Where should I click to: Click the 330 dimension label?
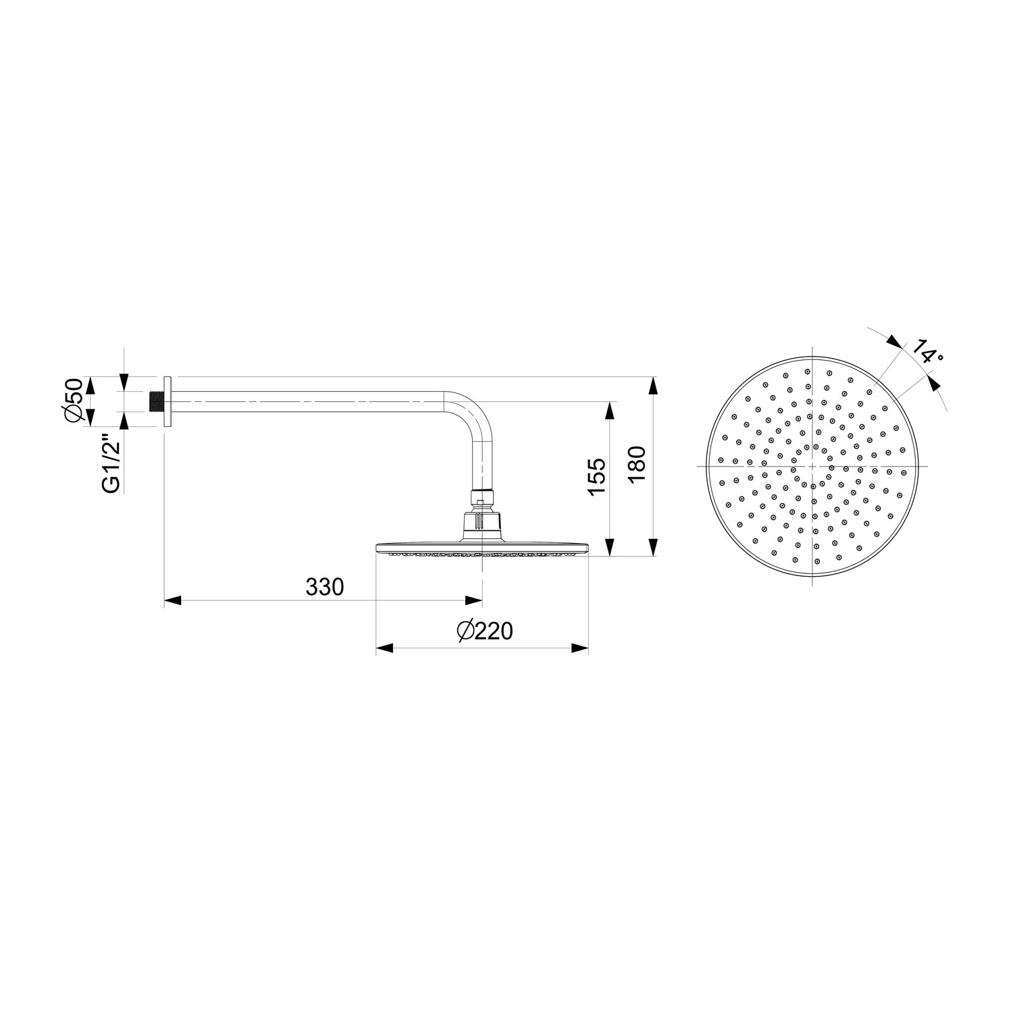[x=325, y=587]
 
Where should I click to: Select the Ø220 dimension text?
[x=485, y=631]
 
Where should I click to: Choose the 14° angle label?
[x=926, y=350]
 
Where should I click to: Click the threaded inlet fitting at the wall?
[x=157, y=400]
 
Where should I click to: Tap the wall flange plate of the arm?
[x=169, y=400]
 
